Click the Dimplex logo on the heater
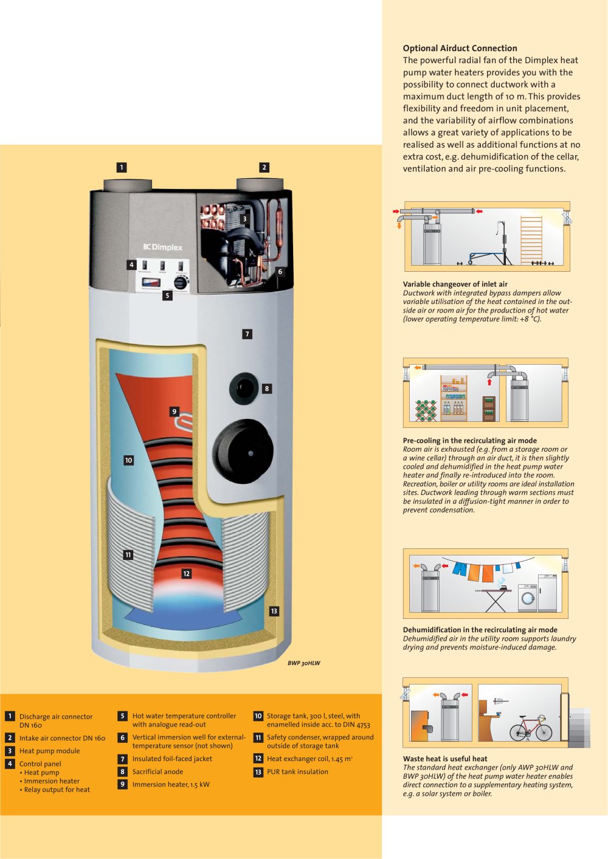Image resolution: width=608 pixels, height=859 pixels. coord(163,247)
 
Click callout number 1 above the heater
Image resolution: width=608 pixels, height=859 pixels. coord(122,167)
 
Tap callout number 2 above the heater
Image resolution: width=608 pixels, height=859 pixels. coord(264,167)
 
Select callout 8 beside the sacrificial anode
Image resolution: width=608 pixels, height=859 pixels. coord(267,388)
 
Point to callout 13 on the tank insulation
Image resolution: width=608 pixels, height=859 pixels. coord(274,612)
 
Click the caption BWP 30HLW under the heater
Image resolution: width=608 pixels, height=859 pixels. coord(304,663)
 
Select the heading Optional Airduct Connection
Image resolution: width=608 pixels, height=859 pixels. coord(460,48)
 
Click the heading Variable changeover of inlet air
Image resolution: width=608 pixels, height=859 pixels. coord(455,284)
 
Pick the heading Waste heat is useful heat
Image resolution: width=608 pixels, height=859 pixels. coord(445,759)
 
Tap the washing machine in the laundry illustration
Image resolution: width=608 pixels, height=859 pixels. coord(528,598)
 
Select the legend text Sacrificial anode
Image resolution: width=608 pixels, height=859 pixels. coord(157,771)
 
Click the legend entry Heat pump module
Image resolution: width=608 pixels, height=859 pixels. coord(49,751)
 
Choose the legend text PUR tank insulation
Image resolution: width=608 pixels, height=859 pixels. coord(297,771)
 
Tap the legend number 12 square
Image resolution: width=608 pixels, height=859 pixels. coord(258,759)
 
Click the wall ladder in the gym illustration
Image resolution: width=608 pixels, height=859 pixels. coord(531,240)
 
